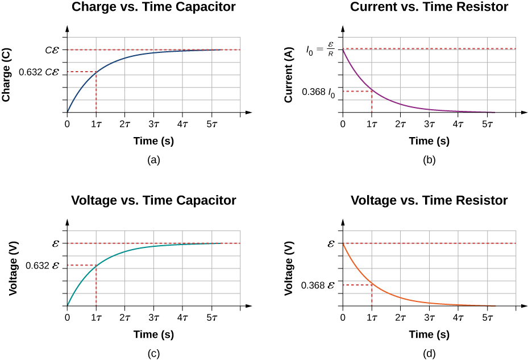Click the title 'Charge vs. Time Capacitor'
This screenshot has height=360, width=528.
(x=153, y=7)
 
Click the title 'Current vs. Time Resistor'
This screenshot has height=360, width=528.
(x=429, y=7)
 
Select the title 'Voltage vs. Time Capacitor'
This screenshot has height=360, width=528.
(x=153, y=200)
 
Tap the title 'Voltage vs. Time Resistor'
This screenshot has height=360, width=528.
(x=429, y=200)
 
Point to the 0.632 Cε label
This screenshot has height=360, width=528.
(x=39, y=72)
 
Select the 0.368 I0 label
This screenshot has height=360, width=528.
(x=318, y=92)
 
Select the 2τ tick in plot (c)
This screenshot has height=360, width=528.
(x=124, y=317)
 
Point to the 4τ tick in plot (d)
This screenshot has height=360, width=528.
(x=458, y=317)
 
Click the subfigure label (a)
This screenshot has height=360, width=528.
(x=153, y=160)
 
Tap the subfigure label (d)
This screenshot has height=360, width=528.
(x=429, y=353)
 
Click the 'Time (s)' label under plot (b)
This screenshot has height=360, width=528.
(x=429, y=140)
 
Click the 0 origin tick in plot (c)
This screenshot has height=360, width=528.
(x=68, y=317)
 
